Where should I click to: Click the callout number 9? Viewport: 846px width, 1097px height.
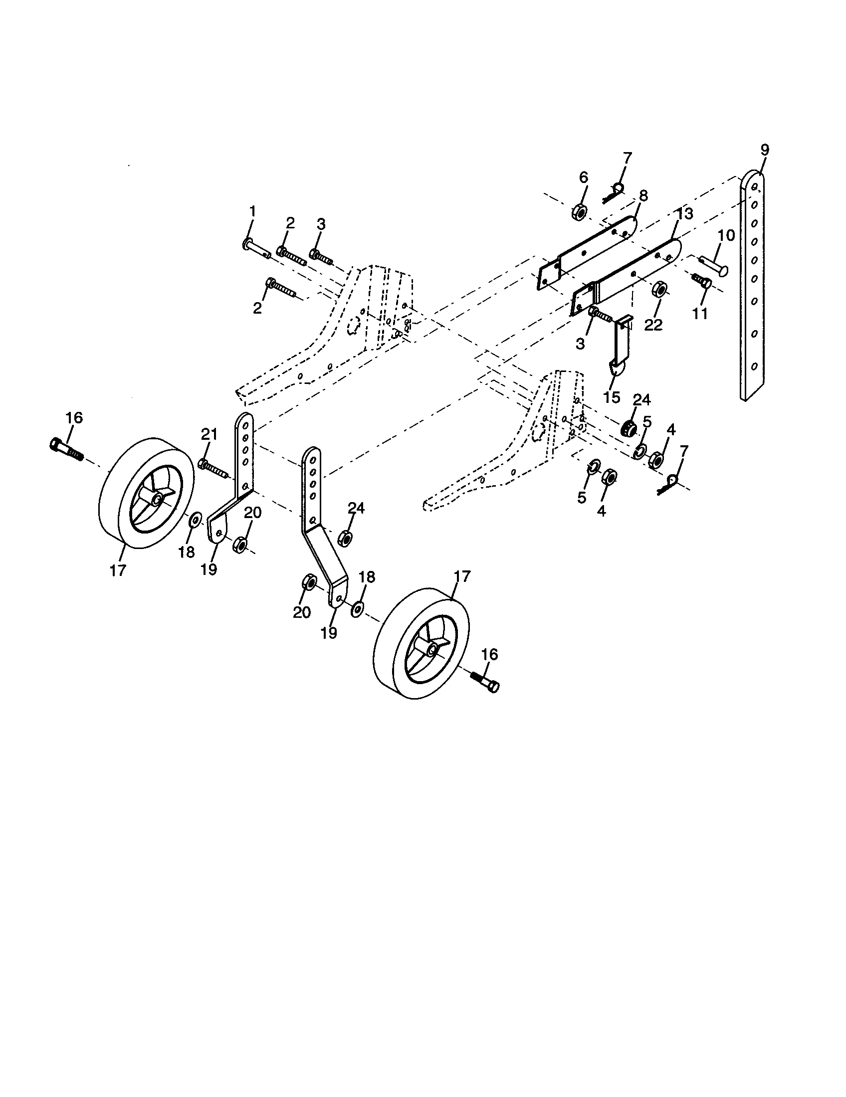(764, 150)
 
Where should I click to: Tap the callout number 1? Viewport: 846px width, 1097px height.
(253, 211)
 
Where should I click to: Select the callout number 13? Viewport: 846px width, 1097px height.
(684, 213)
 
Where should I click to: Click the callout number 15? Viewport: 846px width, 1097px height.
(612, 397)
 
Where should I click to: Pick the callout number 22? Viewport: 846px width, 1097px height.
(653, 325)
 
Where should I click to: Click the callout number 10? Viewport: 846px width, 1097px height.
(726, 235)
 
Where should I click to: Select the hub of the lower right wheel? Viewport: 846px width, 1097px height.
(431, 649)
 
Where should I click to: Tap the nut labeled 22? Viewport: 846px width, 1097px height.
(659, 290)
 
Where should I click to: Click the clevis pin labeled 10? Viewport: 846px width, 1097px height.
(713, 266)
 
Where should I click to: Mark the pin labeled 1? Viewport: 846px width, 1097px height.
(256, 248)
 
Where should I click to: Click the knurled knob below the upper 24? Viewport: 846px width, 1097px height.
(629, 428)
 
